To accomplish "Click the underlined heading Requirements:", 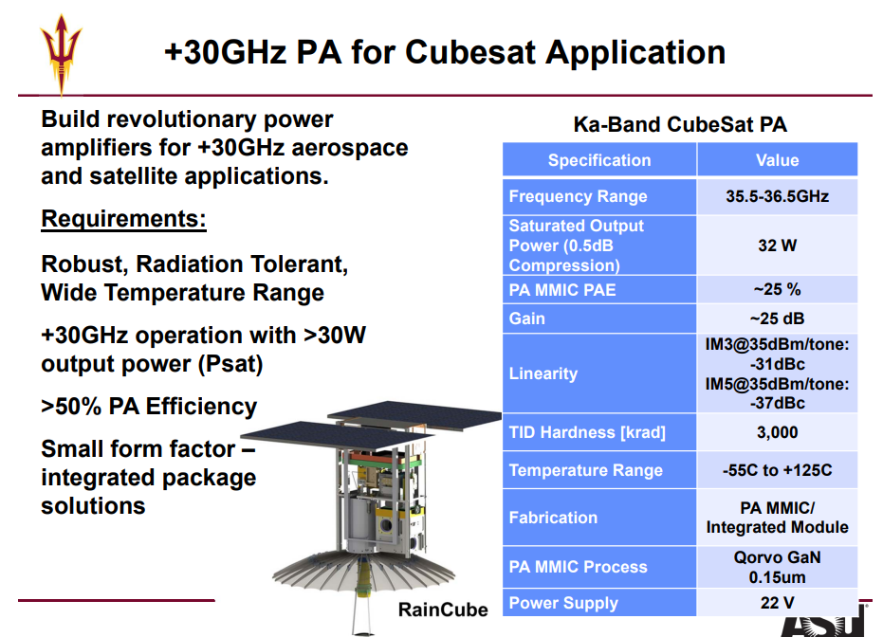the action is (x=124, y=219).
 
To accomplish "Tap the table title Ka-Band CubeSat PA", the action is (x=680, y=124).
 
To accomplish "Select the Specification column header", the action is (x=599, y=160).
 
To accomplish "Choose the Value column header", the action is (x=777, y=160).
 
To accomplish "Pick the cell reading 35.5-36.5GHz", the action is (x=777, y=196).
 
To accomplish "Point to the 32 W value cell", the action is (x=777, y=246).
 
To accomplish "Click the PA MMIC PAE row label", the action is (x=562, y=290).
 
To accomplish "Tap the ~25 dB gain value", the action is (x=777, y=318).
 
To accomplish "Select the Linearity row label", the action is (x=543, y=373).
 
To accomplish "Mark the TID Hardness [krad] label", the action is (x=587, y=432).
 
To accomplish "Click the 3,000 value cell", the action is (x=777, y=432).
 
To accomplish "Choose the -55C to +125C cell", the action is (x=777, y=470).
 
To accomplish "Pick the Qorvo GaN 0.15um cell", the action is (x=777, y=567).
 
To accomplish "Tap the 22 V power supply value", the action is (x=777, y=603).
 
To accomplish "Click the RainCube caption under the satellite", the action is (x=443, y=610).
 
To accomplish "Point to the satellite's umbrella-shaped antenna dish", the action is (x=364, y=571).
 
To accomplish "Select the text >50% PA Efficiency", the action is (x=149, y=407).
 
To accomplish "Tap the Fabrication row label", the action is (x=553, y=518).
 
